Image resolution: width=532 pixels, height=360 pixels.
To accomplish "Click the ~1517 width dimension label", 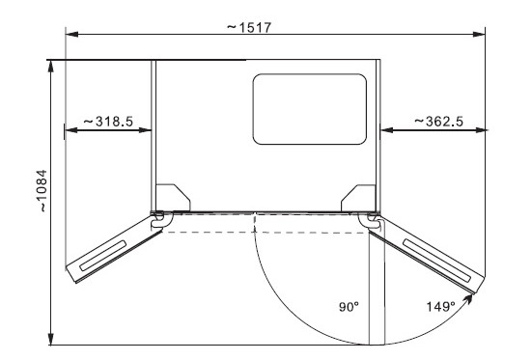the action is pyautogui.click(x=249, y=27).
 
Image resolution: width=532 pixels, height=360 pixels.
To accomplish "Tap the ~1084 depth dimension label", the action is pyautogui.click(x=42, y=191).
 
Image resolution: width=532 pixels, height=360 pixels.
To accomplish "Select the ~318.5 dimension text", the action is pyautogui.click(x=108, y=122).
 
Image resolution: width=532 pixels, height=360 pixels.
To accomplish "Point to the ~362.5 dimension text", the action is pyautogui.click(x=438, y=122).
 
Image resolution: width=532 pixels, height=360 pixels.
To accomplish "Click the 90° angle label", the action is pyautogui.click(x=349, y=307).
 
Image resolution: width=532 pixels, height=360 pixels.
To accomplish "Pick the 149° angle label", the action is pyautogui.click(x=440, y=307).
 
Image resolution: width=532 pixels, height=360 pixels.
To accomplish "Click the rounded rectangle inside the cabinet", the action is pyautogui.click(x=310, y=109).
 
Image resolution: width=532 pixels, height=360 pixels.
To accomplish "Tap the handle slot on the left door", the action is pyautogui.click(x=103, y=256).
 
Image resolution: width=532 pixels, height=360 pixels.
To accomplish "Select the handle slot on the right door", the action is pyautogui.click(x=436, y=261).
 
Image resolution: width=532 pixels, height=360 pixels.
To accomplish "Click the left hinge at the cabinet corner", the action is pyautogui.click(x=158, y=219).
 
